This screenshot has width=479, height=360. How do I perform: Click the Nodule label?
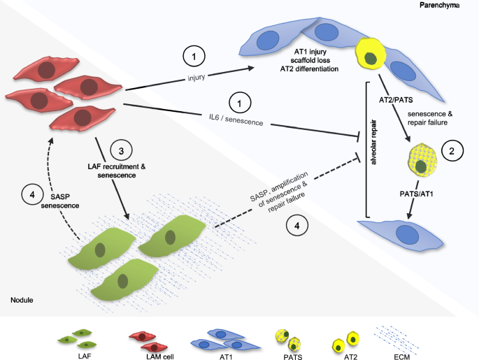22,300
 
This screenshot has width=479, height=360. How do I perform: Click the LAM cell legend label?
147,355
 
